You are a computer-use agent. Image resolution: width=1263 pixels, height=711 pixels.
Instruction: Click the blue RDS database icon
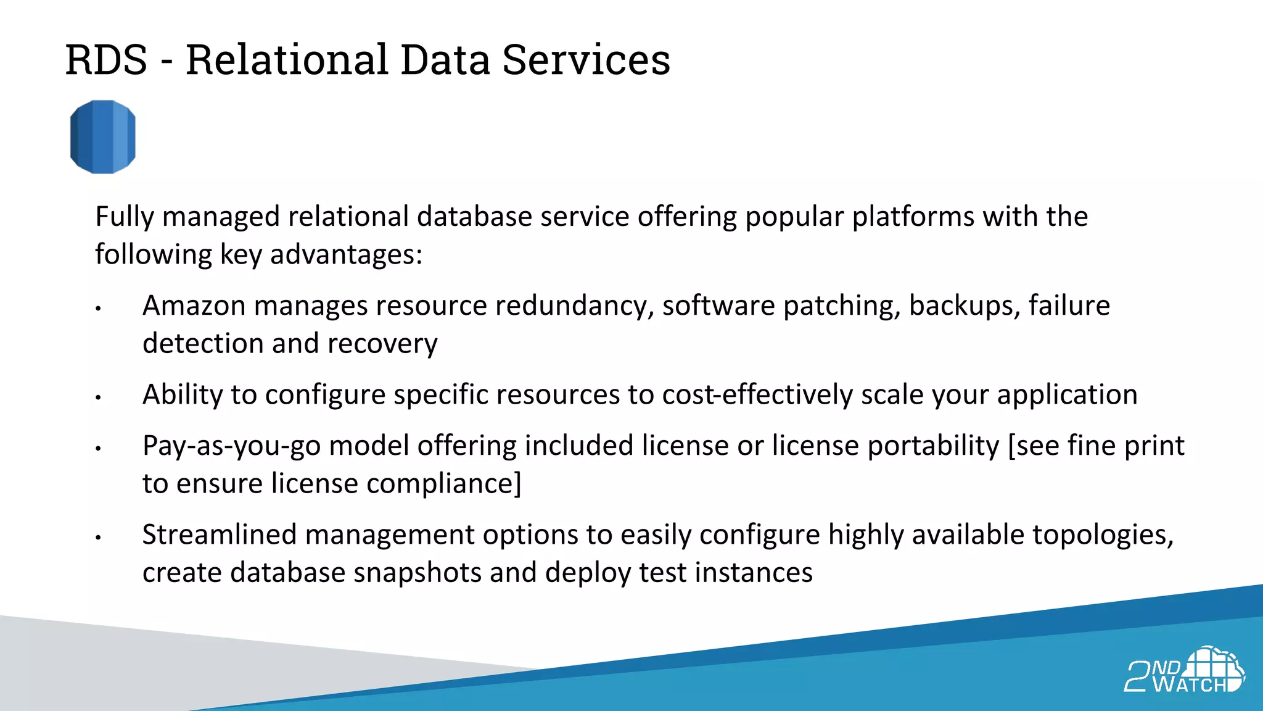[x=102, y=137]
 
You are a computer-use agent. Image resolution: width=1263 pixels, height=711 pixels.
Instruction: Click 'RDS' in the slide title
[x=106, y=60]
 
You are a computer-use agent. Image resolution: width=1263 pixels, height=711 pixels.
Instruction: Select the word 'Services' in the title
[x=586, y=60]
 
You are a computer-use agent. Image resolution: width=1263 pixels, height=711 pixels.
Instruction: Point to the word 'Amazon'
[x=194, y=306]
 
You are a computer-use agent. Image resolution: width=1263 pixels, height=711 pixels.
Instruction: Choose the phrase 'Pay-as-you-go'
[x=231, y=446]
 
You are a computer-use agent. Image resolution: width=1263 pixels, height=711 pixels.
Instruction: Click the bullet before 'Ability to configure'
[x=98, y=397]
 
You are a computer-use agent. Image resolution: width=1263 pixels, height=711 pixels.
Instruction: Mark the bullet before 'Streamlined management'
[x=98, y=538]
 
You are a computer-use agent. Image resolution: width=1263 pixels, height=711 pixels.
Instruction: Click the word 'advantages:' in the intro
[x=347, y=254]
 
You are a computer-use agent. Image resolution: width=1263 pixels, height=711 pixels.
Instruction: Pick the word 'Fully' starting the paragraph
[x=125, y=217]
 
